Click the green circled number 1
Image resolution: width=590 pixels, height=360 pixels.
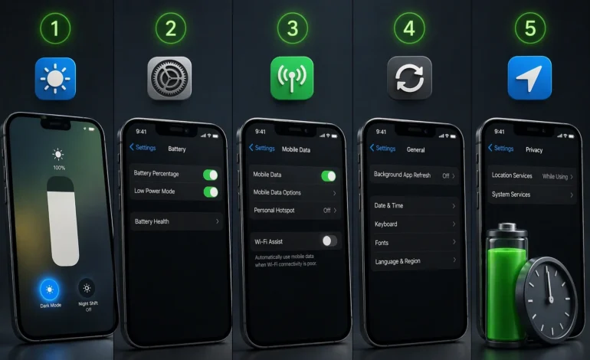coord(55,28)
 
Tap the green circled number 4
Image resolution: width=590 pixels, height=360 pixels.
coord(409,28)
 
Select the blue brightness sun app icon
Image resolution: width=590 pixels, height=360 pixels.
coord(55,78)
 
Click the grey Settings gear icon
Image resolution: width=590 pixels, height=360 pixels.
coord(169,78)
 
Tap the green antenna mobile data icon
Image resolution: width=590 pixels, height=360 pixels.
coord(292,78)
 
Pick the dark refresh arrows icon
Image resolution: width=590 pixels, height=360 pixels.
coord(409,78)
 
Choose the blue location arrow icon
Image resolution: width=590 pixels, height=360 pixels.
coord(529,78)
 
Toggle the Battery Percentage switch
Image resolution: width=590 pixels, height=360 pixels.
coord(210,175)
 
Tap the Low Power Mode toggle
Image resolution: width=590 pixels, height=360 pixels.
coord(210,191)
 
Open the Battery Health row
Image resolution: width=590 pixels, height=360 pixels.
coord(176,221)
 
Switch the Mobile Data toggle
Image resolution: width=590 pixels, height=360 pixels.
coord(329,175)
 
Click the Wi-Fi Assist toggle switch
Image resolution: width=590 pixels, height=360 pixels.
coord(329,241)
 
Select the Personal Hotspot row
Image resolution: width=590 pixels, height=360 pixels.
coord(295,210)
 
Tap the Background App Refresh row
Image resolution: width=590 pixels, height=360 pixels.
coord(414,175)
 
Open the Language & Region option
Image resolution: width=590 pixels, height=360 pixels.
coord(414,261)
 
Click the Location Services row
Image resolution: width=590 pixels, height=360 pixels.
coord(533,176)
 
